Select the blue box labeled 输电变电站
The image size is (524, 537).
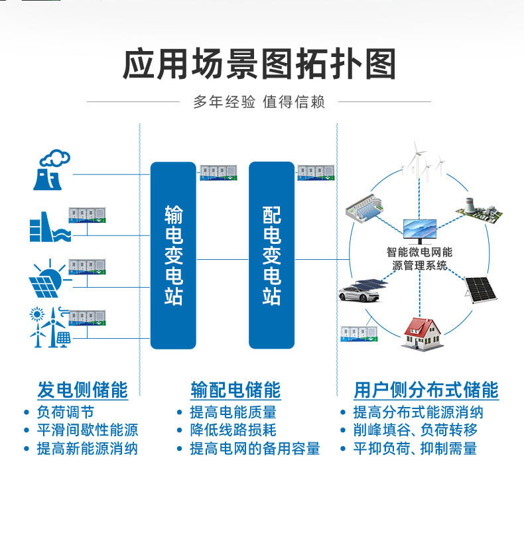click(173, 255)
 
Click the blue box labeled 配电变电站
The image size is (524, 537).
click(271, 255)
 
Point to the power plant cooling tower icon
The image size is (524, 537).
click(52, 170)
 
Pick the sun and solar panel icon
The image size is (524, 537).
click(48, 278)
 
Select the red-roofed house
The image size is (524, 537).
click(422, 331)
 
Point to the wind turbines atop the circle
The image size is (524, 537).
click(423, 162)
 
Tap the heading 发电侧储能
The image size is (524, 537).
click(82, 389)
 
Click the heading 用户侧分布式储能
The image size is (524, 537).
click(426, 389)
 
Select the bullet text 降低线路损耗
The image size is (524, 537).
click(233, 430)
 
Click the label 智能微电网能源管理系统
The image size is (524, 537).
click(419, 259)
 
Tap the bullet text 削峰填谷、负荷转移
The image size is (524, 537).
click(415, 430)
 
